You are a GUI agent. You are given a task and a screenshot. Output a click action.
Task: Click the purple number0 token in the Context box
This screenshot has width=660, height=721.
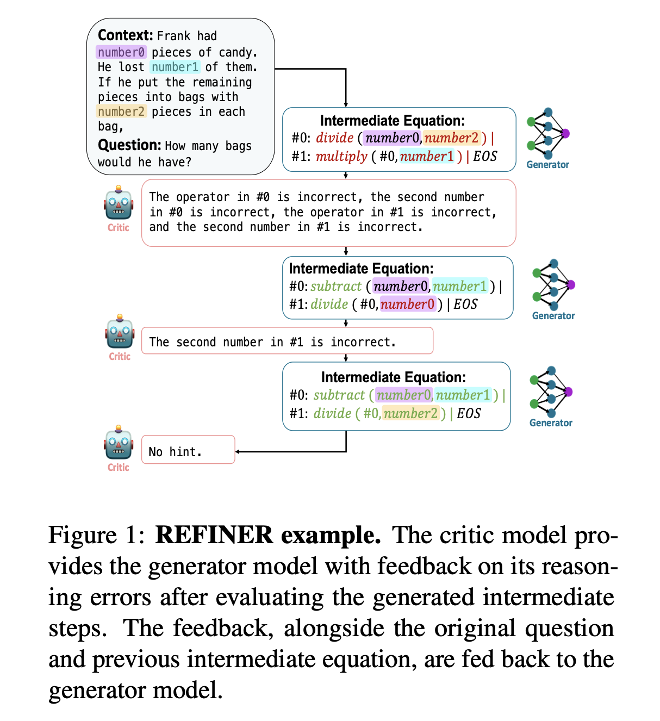(121, 52)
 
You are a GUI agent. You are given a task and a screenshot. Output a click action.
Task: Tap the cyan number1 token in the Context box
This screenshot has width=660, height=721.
(175, 67)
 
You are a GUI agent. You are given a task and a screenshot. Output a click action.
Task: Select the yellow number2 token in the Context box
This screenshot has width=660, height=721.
(121, 111)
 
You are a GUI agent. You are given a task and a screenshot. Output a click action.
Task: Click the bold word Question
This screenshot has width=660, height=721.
(129, 145)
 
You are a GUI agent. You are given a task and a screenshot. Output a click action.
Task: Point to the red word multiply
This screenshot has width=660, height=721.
(341, 157)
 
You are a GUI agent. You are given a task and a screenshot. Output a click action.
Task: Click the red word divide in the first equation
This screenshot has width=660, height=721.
(335, 138)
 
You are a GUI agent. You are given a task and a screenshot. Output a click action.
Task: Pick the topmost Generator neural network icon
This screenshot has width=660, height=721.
(547, 133)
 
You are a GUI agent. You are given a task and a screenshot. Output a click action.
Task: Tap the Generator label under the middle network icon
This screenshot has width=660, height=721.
(553, 316)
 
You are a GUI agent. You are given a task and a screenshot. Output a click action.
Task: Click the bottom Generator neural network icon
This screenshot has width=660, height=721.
(551, 391)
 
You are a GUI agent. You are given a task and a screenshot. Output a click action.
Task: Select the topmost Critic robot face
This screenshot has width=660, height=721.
(119, 204)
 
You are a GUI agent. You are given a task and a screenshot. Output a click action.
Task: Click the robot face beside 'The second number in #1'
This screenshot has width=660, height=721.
(120, 333)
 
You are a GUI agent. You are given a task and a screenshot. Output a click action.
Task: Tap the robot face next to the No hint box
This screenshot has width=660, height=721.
(119, 444)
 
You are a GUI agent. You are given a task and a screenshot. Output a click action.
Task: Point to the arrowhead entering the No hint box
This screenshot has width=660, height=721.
(238, 452)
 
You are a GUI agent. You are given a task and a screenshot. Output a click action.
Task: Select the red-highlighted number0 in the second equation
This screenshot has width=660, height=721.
(408, 304)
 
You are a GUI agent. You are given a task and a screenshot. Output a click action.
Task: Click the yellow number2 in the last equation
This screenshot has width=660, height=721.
(410, 414)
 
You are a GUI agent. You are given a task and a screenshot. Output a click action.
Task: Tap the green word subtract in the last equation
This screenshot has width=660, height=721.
(339, 395)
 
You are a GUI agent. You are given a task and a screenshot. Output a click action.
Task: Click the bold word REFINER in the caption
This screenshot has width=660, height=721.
(214, 535)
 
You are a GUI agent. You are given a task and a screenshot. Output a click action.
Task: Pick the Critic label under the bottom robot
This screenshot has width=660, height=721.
(119, 468)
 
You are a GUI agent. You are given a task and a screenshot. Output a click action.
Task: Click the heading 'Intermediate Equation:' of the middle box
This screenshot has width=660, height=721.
(361, 269)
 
